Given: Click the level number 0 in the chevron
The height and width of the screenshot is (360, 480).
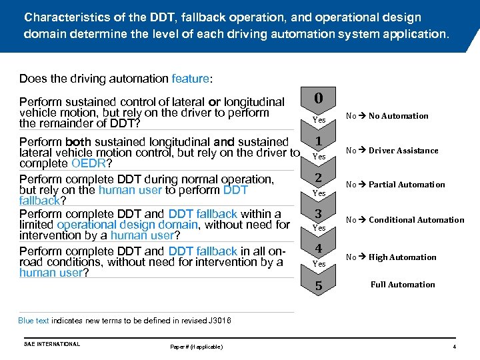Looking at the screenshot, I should [x=319, y=99].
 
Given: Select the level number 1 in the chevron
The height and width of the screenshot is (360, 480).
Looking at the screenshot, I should [x=319, y=141].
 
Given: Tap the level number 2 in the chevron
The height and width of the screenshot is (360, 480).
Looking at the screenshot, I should [x=319, y=178].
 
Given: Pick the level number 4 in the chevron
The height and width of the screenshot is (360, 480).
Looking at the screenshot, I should [x=319, y=249].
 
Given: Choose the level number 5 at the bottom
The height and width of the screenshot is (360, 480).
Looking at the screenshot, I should [x=319, y=286].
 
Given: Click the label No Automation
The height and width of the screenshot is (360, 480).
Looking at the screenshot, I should [x=398, y=116].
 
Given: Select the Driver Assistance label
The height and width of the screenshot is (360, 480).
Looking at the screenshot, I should [x=403, y=151].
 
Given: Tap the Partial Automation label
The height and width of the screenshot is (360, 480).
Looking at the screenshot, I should [x=407, y=185].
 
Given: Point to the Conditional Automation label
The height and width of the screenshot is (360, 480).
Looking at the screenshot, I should [x=416, y=220].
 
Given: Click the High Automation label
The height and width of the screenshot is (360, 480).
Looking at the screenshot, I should [x=402, y=257].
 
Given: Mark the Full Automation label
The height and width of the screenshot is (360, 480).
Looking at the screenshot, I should [x=403, y=285].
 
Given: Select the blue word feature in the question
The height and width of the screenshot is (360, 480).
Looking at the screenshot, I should [x=190, y=79].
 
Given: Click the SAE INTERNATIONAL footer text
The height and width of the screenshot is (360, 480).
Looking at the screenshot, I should [x=52, y=344].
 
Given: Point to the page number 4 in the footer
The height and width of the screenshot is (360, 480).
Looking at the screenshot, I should [x=454, y=347].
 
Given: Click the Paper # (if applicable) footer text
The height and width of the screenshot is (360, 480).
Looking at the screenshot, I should [x=197, y=347].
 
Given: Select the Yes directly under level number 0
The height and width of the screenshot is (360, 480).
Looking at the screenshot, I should [x=319, y=121].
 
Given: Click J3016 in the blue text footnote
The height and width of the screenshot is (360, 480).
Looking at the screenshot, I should [x=219, y=321].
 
